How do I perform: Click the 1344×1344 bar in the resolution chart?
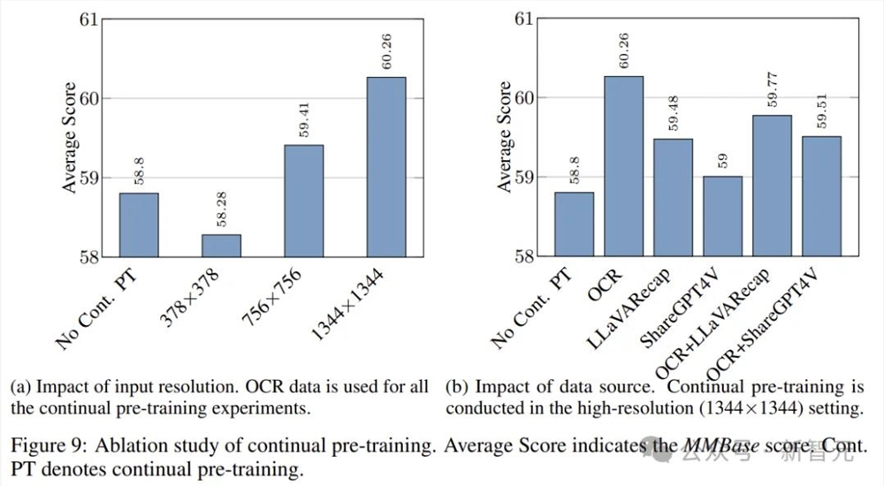pos(385,167)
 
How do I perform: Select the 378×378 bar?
pos(220,246)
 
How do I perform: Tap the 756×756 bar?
pos(303,201)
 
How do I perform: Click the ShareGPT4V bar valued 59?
pos(722,216)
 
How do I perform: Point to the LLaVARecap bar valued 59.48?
pos(673,197)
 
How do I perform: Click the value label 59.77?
pos(772,92)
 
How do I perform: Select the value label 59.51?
pos(821,113)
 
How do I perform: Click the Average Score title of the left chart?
pos(71,138)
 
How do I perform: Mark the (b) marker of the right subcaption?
pos(457,387)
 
